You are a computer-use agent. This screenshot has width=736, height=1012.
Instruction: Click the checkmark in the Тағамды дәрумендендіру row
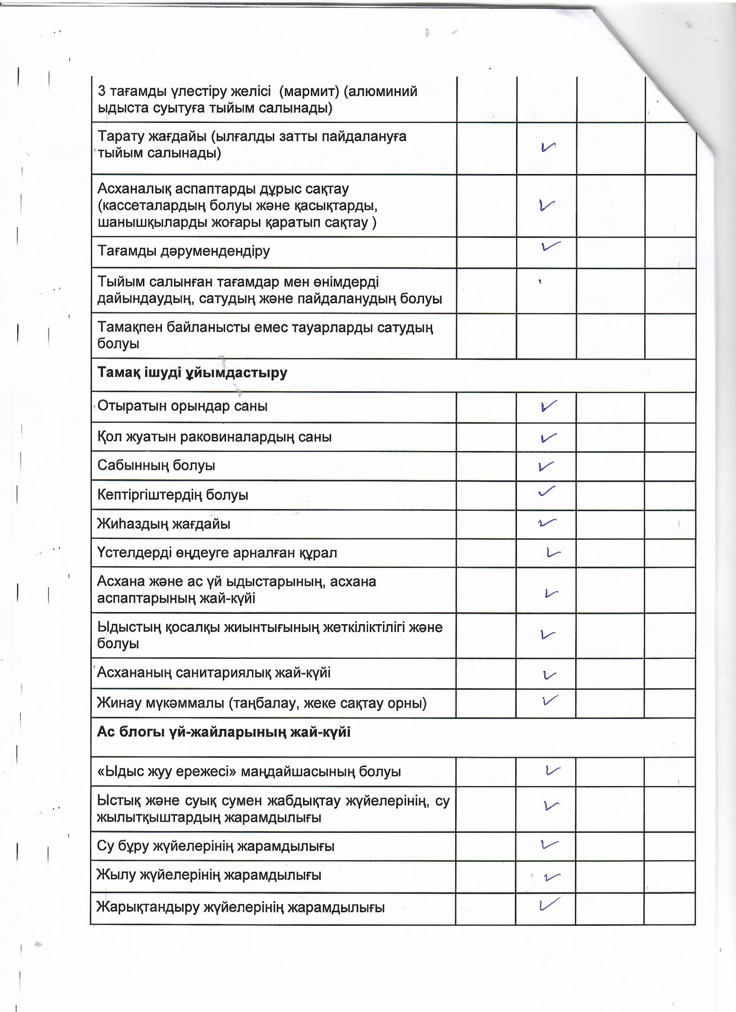[x=550, y=246]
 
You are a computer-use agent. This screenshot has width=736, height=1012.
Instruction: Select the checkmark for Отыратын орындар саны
[x=548, y=406]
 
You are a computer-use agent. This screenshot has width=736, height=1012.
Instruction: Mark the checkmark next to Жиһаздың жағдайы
[x=547, y=522]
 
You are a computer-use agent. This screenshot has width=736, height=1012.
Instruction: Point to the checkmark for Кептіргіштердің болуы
[x=546, y=491]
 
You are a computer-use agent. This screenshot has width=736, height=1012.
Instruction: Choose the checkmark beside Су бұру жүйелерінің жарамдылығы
[x=549, y=844]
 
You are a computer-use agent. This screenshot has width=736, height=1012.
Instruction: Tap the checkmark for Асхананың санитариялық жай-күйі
[x=549, y=675]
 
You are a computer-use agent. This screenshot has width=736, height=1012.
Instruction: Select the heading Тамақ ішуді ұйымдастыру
[x=192, y=373]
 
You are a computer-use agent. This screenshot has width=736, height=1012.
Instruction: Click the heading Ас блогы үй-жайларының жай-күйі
[x=223, y=732]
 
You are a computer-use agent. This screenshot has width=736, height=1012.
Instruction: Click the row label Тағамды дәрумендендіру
[x=184, y=251]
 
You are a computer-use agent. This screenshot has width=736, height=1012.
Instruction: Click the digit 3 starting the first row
[x=101, y=91]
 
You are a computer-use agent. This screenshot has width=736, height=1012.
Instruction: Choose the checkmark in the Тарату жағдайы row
[x=548, y=147]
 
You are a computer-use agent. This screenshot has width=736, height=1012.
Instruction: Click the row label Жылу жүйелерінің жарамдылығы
[x=209, y=874]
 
